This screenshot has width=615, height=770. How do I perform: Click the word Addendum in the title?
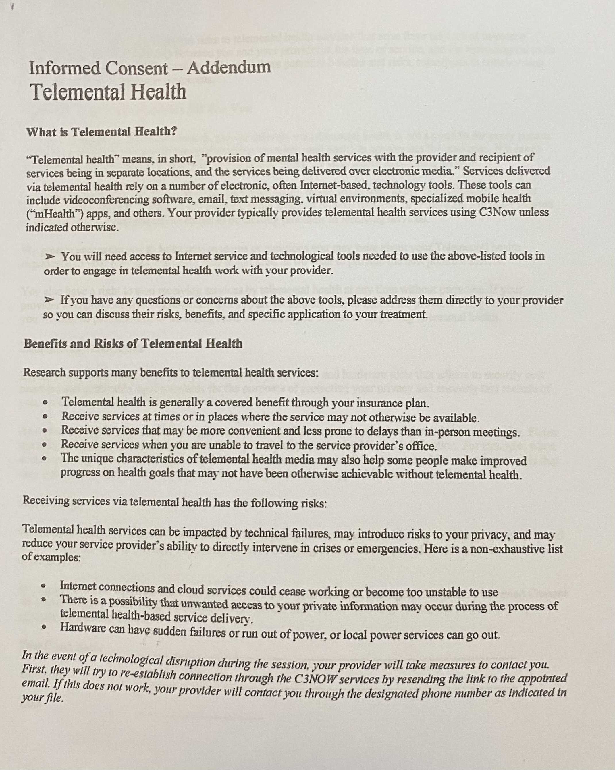[229, 67]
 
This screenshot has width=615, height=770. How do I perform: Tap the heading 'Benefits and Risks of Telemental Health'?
[133, 343]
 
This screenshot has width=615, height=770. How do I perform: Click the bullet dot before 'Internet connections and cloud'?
[44, 586]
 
